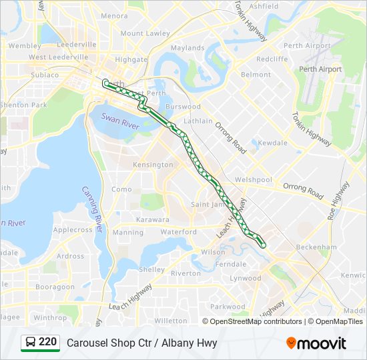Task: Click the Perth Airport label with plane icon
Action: coord(321,69)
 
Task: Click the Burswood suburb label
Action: coord(183,107)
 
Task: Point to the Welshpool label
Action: coord(254,180)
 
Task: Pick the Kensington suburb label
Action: coord(153,165)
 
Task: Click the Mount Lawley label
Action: coord(145,33)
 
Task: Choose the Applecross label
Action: coord(73,230)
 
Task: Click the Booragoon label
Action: coord(55,287)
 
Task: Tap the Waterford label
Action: coord(179,232)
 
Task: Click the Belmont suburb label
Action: coord(256,75)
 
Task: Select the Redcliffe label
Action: coord(272,59)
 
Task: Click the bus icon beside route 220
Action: coord(31,343)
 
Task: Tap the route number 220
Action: coord(48,342)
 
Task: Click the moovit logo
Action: coord(316,343)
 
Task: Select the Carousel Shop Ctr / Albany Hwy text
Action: coord(142,343)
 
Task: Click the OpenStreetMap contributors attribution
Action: coord(256,321)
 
